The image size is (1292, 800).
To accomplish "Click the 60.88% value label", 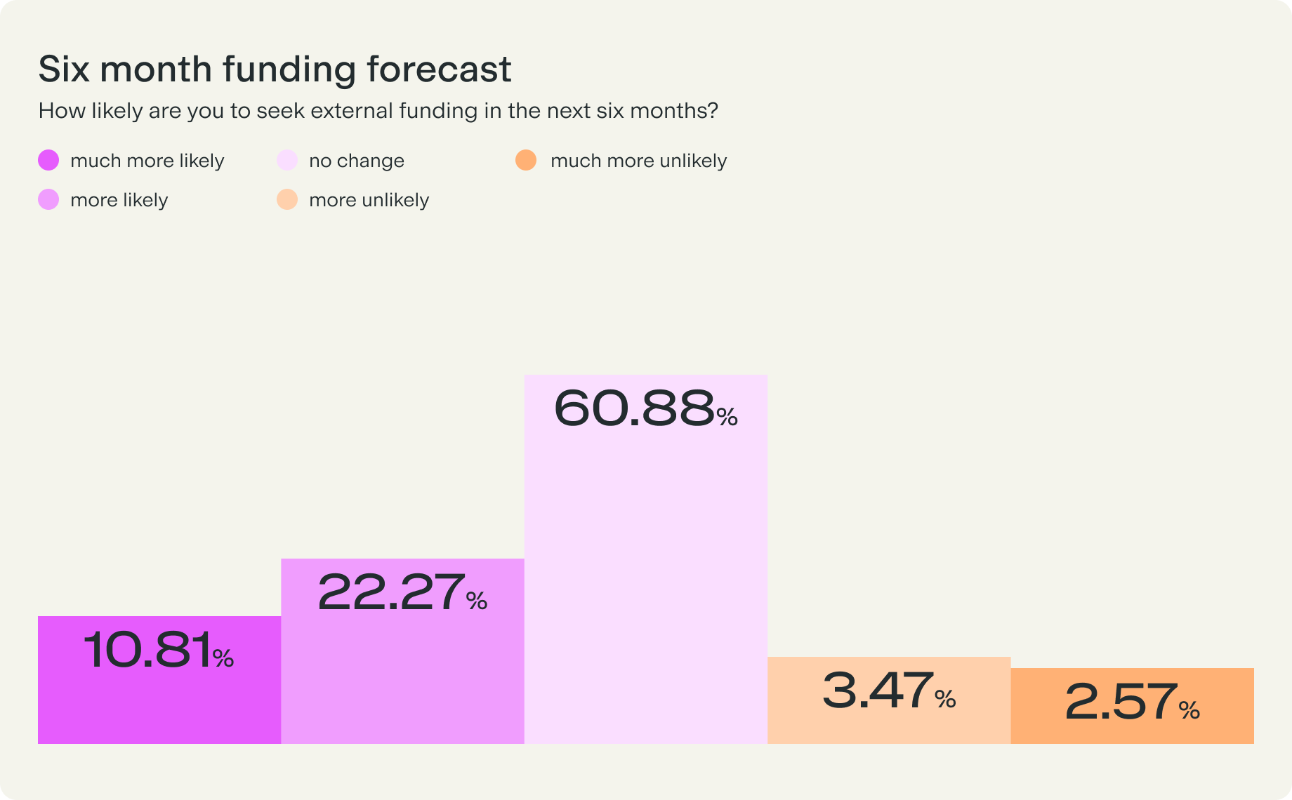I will [645, 408].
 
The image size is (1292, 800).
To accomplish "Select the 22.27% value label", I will [402, 593].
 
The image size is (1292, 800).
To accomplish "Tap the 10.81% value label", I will [158, 651].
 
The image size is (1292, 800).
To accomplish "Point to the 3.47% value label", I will [888, 691].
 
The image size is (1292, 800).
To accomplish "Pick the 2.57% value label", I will [1131, 702].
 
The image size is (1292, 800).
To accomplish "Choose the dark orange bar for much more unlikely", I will [1132, 730].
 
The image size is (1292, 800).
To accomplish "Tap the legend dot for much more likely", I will [48, 161].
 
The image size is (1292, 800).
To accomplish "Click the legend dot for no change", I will [287, 161].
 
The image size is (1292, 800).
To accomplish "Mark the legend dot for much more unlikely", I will [526, 161].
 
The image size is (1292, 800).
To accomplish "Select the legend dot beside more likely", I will [48, 200].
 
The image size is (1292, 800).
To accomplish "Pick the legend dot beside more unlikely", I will [287, 200].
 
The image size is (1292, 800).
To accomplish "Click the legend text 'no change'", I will [357, 161].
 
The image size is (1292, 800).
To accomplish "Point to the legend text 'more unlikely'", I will [369, 200].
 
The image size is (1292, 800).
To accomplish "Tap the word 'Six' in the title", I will [64, 69].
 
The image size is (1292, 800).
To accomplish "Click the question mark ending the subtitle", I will [713, 111].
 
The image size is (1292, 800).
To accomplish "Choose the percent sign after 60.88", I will [727, 418].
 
